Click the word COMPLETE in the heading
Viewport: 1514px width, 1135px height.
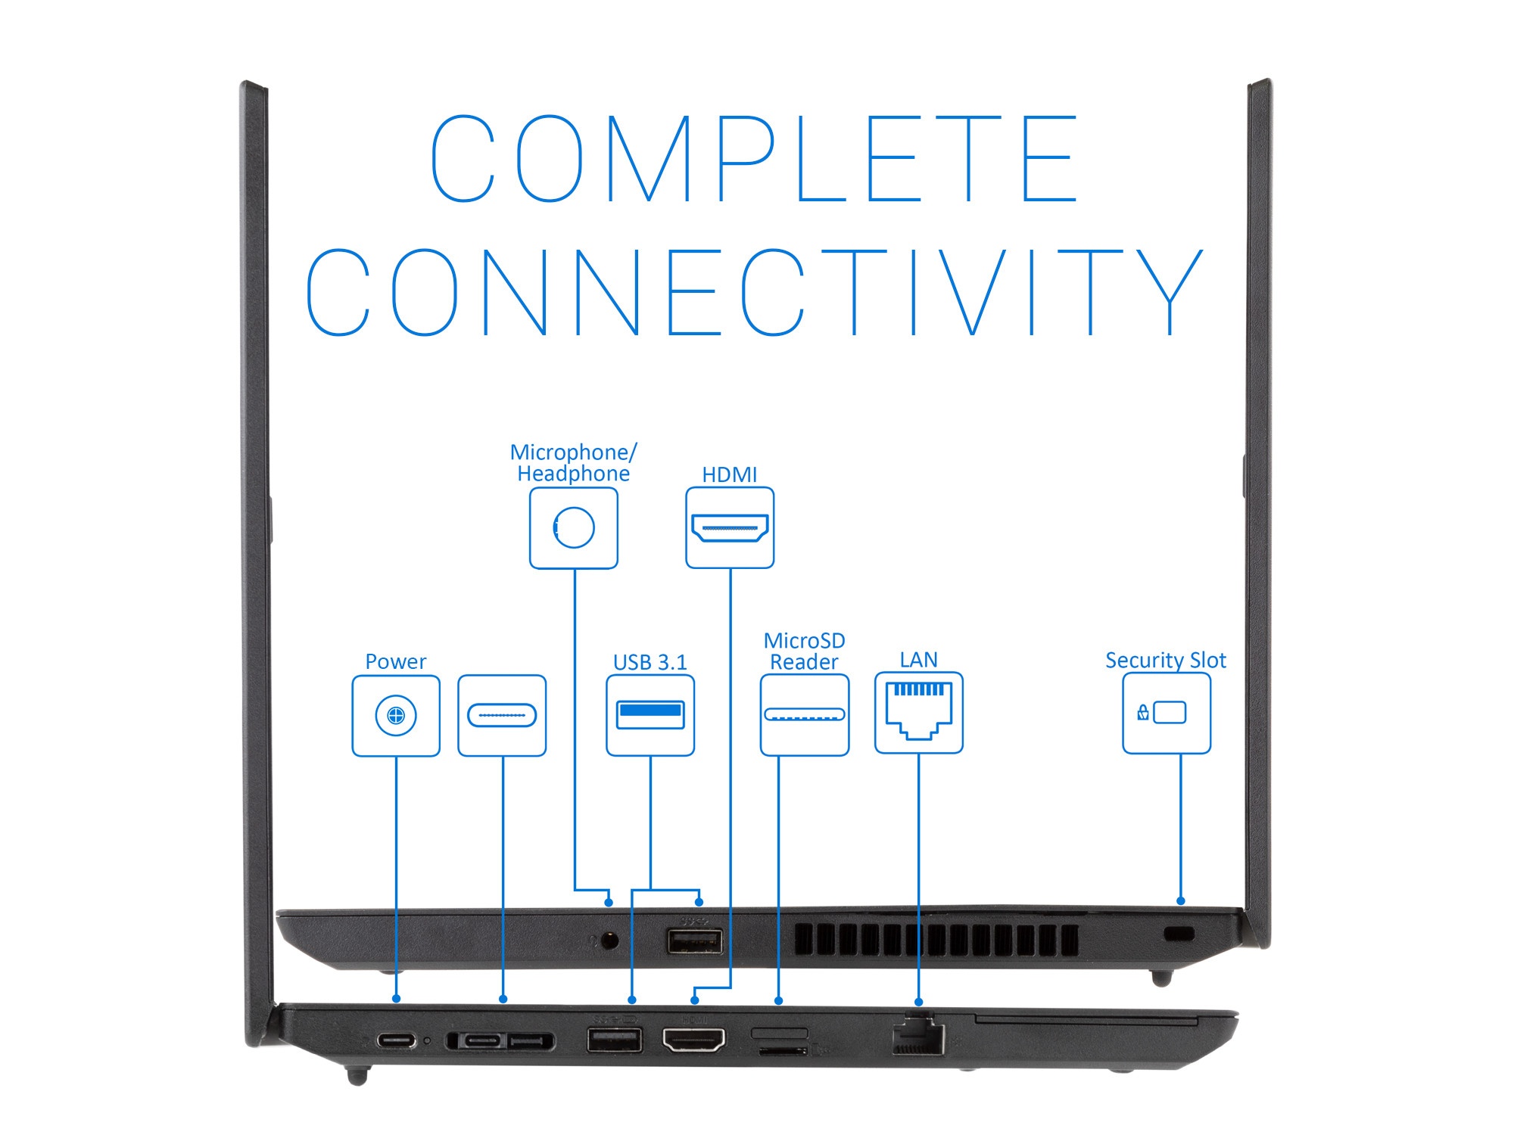point(754,159)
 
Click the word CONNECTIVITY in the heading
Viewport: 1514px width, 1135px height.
point(754,292)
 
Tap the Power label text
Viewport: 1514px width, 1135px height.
point(395,662)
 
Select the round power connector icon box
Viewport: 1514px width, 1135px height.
point(396,716)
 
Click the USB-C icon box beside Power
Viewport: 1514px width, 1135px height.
point(502,716)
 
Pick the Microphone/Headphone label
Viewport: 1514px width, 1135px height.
point(573,463)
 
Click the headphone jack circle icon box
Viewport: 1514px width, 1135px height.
point(574,528)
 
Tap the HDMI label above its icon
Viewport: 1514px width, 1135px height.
point(729,475)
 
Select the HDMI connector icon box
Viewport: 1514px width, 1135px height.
point(730,528)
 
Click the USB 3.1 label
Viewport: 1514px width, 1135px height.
point(650,663)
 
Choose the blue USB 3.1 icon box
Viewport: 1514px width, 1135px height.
point(650,716)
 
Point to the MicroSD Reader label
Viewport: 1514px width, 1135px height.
point(804,651)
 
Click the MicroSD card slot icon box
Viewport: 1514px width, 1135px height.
point(805,716)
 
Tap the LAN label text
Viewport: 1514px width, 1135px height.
point(918,660)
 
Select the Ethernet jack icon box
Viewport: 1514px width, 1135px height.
point(919,713)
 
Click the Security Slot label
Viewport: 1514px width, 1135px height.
point(1166,661)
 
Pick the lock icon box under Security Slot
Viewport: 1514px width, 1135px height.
point(1167,714)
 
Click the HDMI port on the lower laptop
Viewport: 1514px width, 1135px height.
point(693,1040)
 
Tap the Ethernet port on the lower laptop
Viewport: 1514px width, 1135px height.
point(918,1037)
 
